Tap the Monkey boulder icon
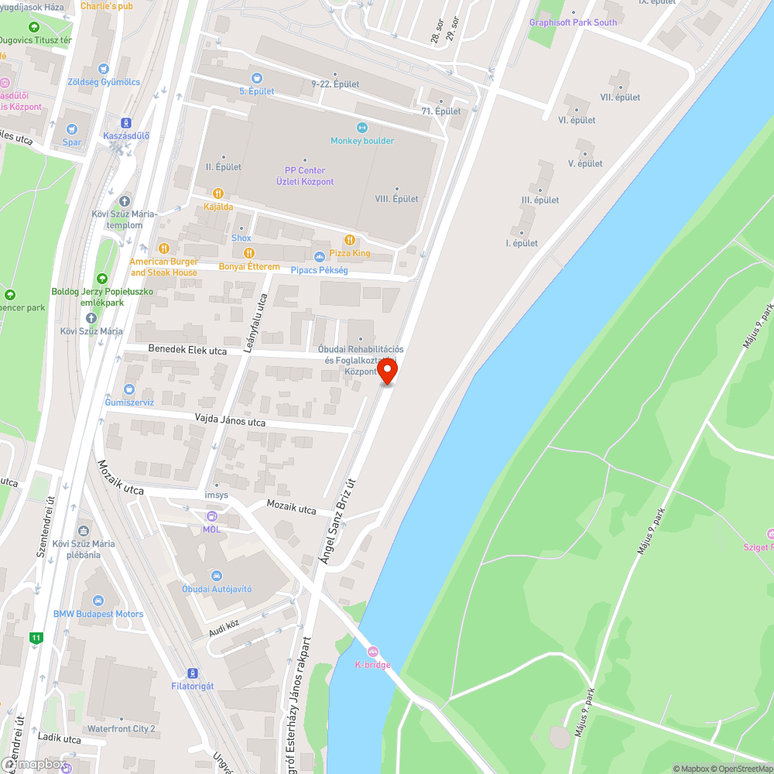tap(361, 128)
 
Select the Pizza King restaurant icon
tap(350, 240)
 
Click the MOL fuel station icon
tap(211, 516)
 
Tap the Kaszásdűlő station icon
tap(125, 122)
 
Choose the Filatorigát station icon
tap(192, 673)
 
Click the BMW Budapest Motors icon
tap(98, 601)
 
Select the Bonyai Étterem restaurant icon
tap(248, 253)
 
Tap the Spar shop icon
tap(72, 129)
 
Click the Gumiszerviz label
tap(129, 402)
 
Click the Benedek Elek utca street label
tap(187, 351)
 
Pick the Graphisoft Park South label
tap(573, 22)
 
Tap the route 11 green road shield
tap(36, 638)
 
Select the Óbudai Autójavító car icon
tap(217, 576)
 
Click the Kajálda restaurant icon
tap(218, 193)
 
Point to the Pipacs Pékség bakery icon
tap(319, 257)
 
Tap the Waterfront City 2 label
tap(122, 728)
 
